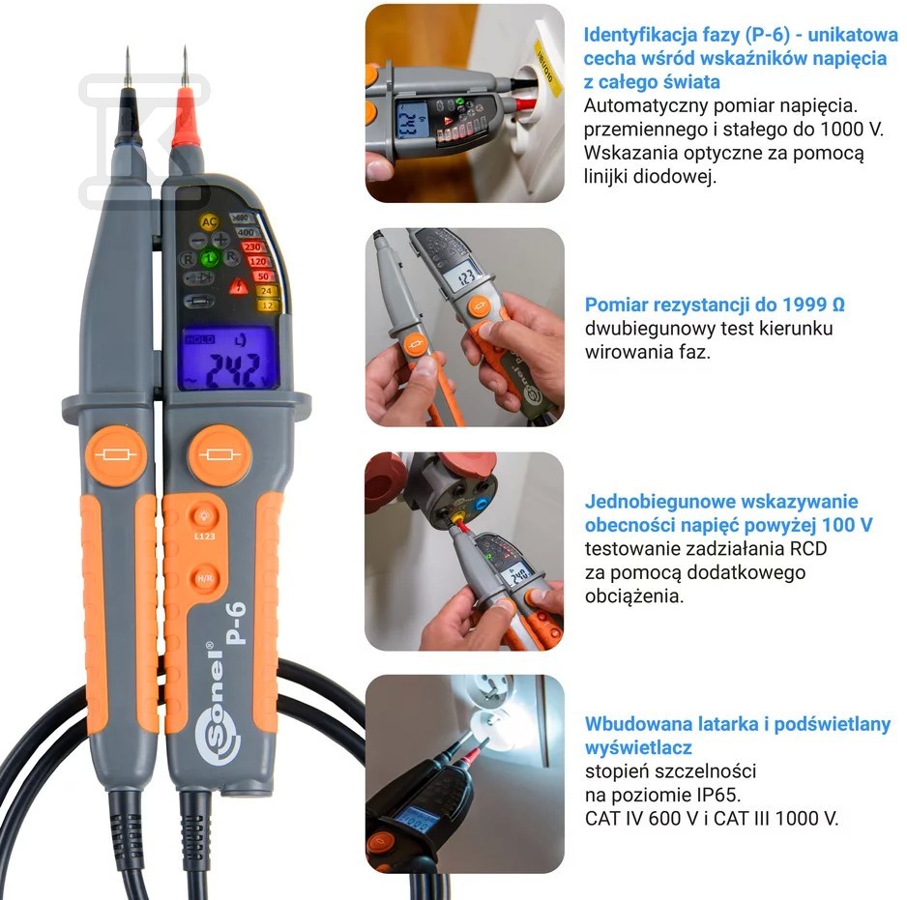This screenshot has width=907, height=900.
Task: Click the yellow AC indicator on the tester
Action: click(209, 221)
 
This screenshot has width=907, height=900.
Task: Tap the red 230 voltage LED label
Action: click(252, 247)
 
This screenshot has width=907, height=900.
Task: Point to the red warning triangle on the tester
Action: click(238, 286)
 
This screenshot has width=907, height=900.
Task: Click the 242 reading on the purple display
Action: click(233, 370)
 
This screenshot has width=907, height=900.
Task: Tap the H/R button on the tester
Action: click(205, 578)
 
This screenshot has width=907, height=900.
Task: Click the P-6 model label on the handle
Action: click(237, 623)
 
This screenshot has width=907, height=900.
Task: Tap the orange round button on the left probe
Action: click(116, 455)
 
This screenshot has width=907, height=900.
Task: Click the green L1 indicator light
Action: click(210, 258)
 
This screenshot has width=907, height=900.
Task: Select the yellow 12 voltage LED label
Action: click(268, 305)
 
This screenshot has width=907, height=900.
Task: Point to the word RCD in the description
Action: click(808, 548)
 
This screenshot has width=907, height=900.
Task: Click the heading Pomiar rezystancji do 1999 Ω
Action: click(715, 305)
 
